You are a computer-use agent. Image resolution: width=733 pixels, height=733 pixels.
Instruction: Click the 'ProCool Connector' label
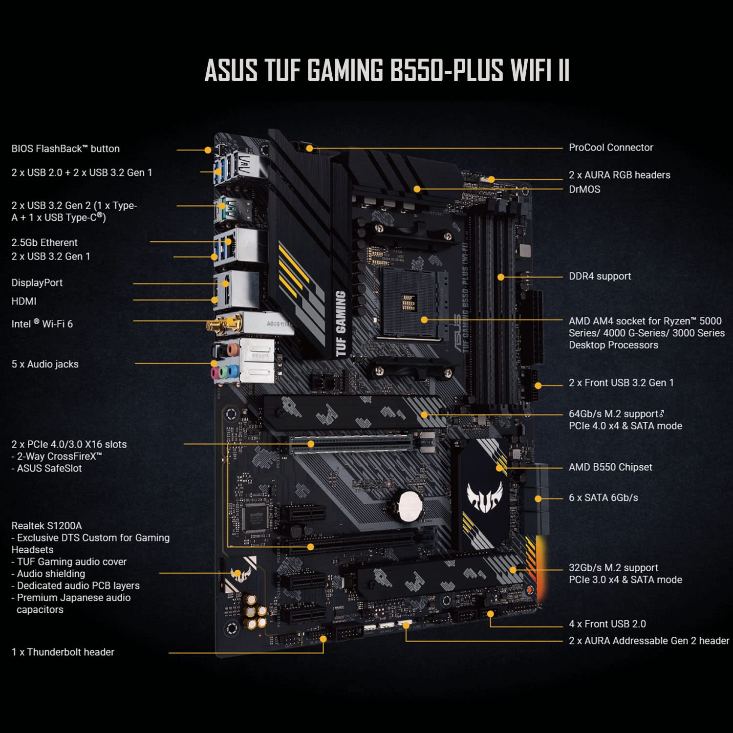tap(610, 148)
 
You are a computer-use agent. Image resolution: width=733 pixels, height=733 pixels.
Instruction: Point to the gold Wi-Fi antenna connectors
tap(225, 324)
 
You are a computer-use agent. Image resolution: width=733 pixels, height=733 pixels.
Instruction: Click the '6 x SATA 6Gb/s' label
tap(603, 498)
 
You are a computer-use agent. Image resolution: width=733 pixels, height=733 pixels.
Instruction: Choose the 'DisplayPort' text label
tap(37, 283)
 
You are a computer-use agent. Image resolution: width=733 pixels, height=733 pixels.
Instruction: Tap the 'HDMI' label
tap(24, 302)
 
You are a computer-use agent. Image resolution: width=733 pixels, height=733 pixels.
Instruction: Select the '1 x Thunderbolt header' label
tap(63, 652)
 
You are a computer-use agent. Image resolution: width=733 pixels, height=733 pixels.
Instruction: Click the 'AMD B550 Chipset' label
tap(610, 468)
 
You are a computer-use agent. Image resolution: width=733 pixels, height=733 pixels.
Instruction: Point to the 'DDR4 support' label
tap(600, 277)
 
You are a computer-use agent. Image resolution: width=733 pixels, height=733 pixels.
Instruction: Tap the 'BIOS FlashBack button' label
tap(65, 149)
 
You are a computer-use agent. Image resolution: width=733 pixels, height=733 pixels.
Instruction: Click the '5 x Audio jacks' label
tap(45, 365)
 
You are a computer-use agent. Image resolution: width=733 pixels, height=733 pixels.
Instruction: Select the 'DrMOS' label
tap(584, 190)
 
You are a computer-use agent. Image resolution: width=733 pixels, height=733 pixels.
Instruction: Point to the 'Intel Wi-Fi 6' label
tap(42, 324)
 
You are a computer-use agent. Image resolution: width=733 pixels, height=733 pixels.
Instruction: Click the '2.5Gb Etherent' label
tap(44, 243)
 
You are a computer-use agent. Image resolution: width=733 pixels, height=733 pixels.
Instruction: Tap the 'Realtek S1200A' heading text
tap(46, 526)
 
